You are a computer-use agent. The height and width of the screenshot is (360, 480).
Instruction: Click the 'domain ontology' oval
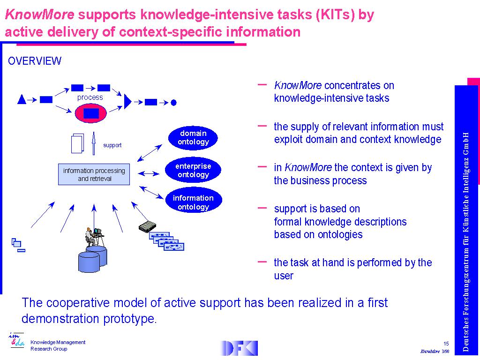(193, 137)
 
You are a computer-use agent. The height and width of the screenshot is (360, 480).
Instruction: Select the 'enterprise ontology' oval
(193, 170)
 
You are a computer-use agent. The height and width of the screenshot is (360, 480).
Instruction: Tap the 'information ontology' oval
(193, 202)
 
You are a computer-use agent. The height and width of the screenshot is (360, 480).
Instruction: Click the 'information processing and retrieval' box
(94, 174)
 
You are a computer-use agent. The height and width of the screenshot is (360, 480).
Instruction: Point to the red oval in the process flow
(91, 113)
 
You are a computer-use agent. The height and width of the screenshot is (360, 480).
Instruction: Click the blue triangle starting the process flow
(21, 99)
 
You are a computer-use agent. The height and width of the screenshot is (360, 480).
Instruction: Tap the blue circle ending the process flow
(173, 102)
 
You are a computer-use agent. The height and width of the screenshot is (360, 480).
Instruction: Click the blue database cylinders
(92, 259)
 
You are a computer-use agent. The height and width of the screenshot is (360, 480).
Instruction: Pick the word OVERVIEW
(35, 61)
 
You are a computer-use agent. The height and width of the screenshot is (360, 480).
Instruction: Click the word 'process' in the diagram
(90, 97)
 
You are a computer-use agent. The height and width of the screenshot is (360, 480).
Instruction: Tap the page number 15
(446, 344)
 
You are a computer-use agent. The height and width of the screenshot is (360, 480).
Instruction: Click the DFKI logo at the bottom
(239, 348)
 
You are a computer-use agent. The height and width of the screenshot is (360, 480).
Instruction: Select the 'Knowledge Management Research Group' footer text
(58, 345)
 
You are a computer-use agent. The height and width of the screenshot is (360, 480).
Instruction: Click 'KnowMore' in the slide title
(39, 15)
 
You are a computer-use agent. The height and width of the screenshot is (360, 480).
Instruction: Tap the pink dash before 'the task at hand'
(262, 261)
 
